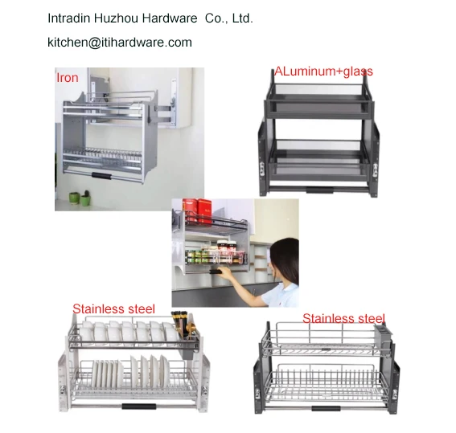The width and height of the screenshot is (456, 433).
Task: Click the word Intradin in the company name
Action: tap(70, 18)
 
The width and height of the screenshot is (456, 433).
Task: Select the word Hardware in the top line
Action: tap(166, 18)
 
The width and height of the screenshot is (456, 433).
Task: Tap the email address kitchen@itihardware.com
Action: tap(120, 43)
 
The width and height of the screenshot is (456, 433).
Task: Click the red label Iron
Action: tap(67, 78)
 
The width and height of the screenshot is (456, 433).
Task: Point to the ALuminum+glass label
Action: tap(323, 71)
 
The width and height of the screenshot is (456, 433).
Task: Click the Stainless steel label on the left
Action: tap(113, 308)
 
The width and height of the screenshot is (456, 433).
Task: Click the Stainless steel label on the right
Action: tap(343, 318)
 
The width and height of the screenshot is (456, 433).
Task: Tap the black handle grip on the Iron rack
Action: tap(102, 174)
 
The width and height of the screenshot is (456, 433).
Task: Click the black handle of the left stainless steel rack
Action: tap(138, 406)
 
